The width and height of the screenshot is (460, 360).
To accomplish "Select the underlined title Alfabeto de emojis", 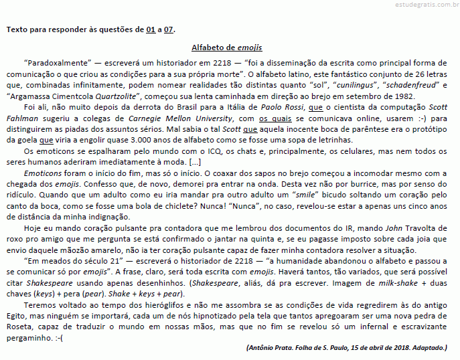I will coord(226,48).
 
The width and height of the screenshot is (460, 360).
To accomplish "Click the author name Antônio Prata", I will coord(271,349).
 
